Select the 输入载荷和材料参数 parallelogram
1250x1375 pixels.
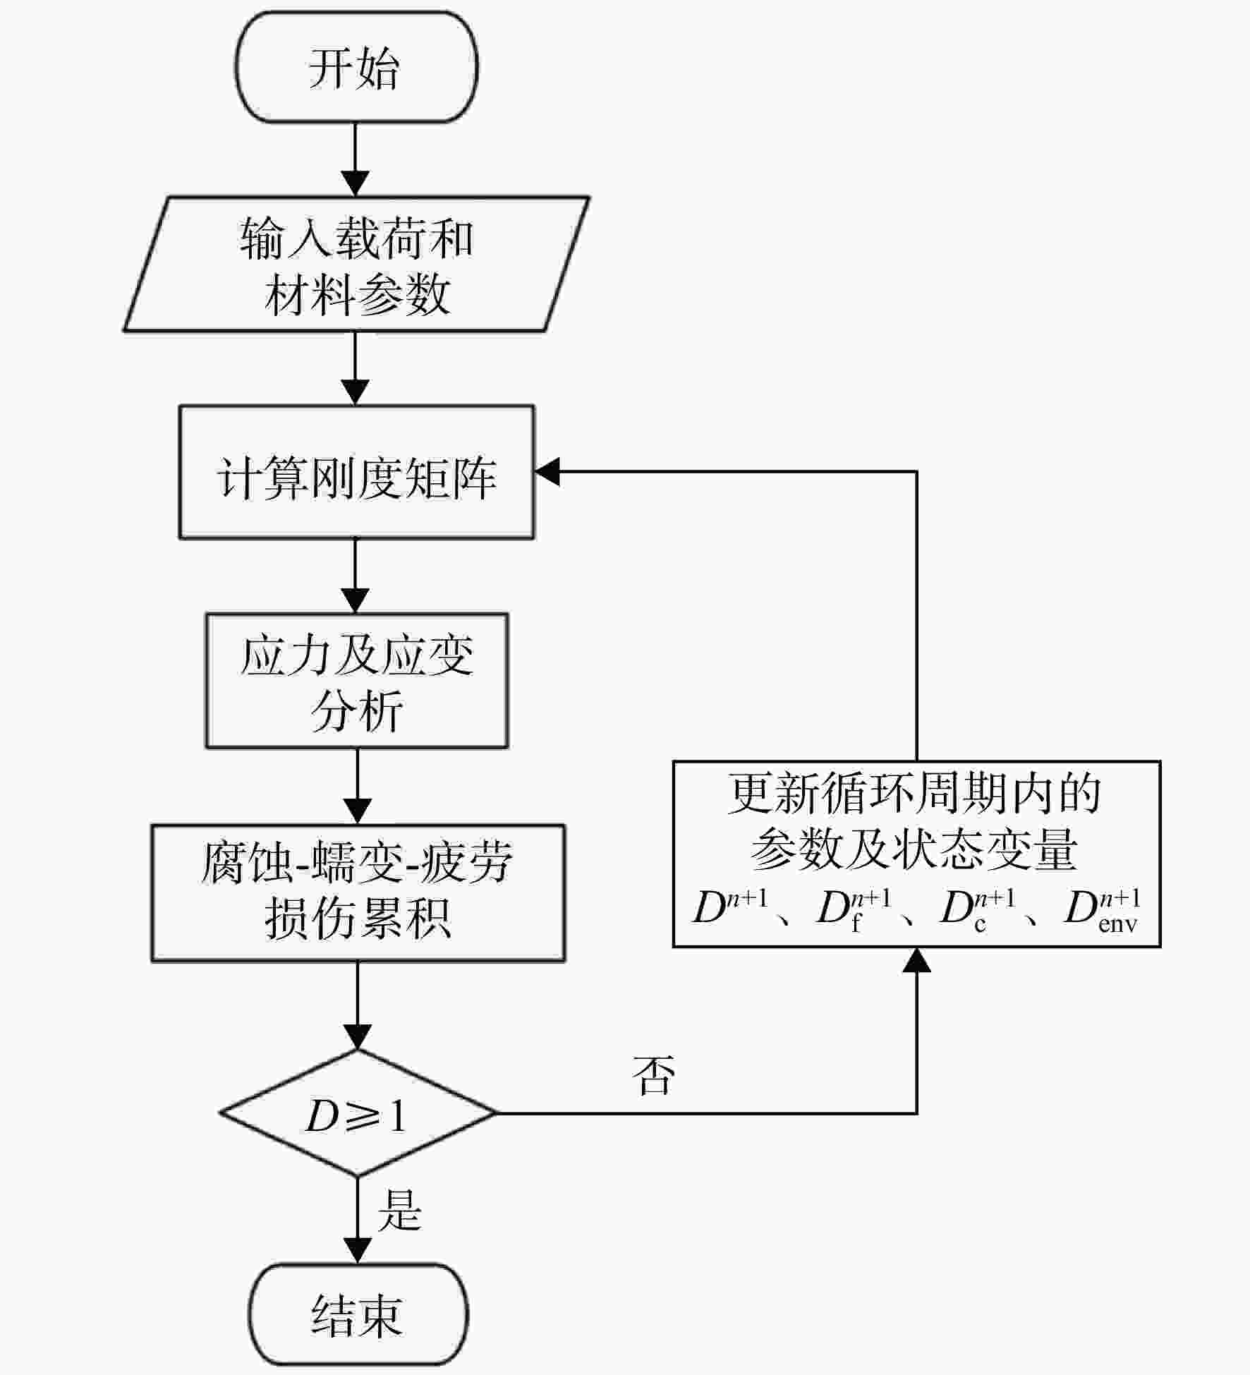coord(356,264)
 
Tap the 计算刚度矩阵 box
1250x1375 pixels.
coord(356,472)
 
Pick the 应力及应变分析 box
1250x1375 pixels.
coord(356,681)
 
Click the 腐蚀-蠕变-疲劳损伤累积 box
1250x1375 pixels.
coord(358,892)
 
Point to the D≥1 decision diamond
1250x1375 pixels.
coord(358,1113)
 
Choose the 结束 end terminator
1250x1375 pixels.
coord(358,1315)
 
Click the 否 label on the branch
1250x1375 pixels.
coord(653,1075)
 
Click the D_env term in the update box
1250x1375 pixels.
coord(1102,911)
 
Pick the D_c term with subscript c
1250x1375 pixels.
coord(978,911)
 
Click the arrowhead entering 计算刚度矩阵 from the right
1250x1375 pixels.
coord(547,471)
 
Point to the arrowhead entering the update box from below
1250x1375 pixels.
coord(917,960)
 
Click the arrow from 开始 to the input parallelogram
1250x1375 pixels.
coord(355,159)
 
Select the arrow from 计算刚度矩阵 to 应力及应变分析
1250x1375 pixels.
coord(355,576)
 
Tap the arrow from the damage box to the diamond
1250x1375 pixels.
coord(358,1005)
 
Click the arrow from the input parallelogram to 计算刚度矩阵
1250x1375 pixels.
coord(355,368)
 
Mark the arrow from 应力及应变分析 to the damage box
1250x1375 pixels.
coord(358,786)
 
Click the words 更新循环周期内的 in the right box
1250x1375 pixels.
coord(915,794)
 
